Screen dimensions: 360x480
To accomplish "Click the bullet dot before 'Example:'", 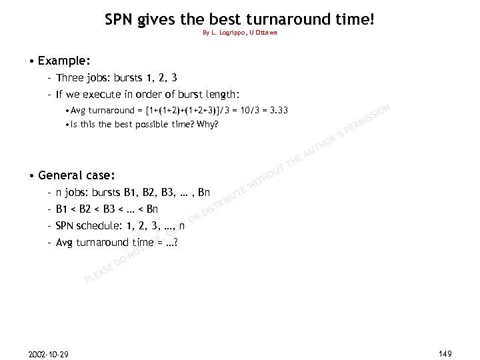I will click(x=32, y=61).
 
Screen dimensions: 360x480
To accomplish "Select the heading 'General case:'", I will click(x=77, y=176).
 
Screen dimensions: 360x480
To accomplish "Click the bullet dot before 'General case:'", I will click(x=32, y=177).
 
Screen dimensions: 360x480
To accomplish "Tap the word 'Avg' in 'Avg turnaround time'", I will click(x=65, y=242).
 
